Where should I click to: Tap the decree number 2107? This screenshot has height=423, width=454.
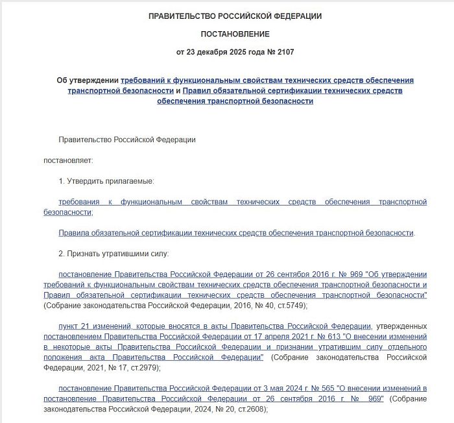click(x=290, y=51)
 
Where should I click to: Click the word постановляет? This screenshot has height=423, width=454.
click(x=69, y=160)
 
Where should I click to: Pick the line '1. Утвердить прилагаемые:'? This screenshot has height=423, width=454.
click(x=106, y=181)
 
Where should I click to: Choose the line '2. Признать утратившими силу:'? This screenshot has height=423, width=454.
click(x=113, y=254)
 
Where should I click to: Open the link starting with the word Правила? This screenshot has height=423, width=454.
click(x=236, y=232)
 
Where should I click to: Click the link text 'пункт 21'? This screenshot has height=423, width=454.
click(x=73, y=326)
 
